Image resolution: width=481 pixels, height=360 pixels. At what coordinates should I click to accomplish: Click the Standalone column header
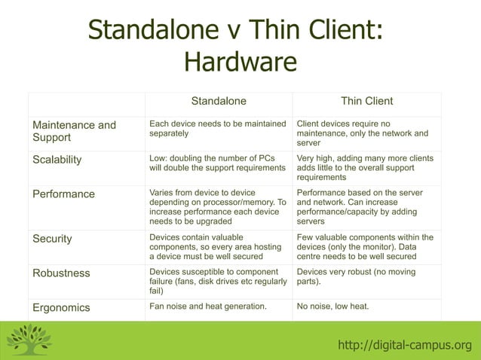click(219, 101)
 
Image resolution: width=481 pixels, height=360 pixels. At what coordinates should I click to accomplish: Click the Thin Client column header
click(366, 101)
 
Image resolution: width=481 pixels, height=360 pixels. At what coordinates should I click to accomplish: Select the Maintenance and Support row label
click(74, 131)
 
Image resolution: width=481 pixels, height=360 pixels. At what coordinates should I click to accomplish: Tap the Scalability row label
click(57, 160)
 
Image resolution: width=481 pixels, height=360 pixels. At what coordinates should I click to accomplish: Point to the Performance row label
click(63, 194)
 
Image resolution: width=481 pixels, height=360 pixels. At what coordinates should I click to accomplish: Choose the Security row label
click(52, 239)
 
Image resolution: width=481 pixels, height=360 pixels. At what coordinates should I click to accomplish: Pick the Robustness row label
click(61, 273)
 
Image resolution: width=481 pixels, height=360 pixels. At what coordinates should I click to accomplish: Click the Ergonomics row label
click(61, 307)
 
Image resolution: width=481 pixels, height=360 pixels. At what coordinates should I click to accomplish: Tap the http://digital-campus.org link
click(405, 345)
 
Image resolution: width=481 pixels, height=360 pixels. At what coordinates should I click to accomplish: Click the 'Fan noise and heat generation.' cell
click(208, 307)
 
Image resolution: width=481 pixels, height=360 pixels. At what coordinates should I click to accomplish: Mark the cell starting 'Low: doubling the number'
click(217, 163)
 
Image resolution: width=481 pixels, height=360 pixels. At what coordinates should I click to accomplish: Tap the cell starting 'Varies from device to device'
click(218, 207)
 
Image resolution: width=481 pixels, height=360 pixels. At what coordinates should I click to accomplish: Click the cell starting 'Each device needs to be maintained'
click(217, 128)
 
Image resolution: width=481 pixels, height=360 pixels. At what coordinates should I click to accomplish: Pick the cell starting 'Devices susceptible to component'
click(217, 281)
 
